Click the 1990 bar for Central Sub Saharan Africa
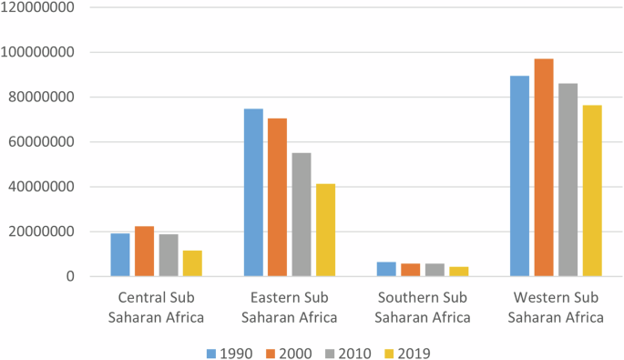point(120,254)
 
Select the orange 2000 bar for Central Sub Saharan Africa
point(144,251)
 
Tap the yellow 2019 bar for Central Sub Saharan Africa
point(192,263)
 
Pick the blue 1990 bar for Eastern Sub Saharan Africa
point(253,192)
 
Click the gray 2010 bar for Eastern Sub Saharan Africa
point(301,214)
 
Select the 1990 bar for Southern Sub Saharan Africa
point(386,269)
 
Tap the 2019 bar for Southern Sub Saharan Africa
point(458,272)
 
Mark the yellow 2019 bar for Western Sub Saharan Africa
point(592,190)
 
